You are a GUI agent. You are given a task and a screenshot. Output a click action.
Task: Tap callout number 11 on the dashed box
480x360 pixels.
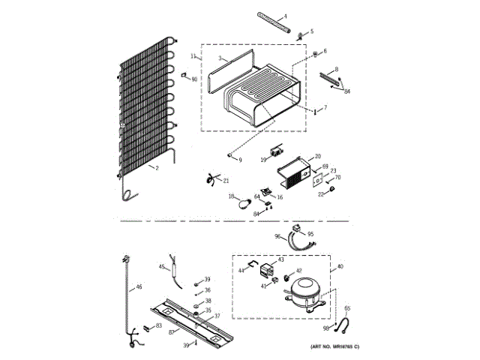(193, 56)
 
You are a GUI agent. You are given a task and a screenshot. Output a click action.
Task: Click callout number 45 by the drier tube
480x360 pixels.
(161, 267)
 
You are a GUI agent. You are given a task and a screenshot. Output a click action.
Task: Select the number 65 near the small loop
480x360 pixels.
(346, 308)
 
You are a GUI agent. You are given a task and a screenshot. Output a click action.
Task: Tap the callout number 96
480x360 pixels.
(277, 237)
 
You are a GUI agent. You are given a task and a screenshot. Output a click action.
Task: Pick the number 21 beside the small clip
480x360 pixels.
(226, 181)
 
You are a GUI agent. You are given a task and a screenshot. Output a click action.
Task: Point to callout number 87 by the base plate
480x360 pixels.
(171, 331)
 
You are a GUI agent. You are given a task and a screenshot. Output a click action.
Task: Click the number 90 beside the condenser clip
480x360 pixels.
(194, 79)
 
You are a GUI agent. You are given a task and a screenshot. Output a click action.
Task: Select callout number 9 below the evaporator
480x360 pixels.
(240, 160)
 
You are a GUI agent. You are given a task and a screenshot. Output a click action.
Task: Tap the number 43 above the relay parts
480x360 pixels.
(281, 259)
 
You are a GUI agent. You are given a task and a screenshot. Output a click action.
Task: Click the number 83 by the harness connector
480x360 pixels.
(158, 325)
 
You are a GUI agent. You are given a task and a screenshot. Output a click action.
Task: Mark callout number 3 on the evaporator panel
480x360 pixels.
(220, 58)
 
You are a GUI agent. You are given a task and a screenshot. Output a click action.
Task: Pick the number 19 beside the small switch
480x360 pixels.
(263, 158)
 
